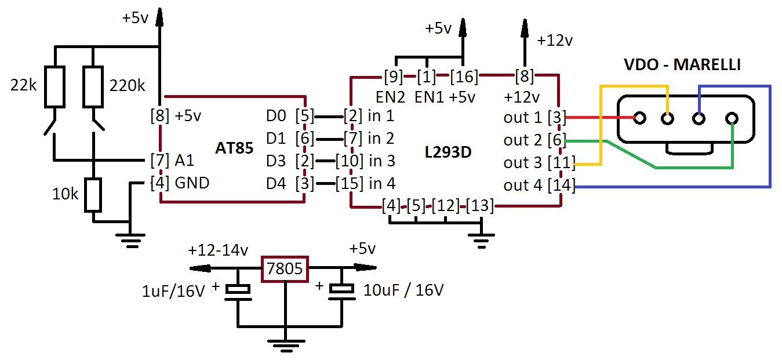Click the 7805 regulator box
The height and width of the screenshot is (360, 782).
tap(285, 269)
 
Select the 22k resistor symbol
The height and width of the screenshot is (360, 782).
tap(55, 86)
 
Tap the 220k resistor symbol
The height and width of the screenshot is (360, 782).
tap(93, 86)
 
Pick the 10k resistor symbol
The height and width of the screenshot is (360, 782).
tap(93, 195)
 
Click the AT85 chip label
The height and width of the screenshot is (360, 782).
tap(234, 148)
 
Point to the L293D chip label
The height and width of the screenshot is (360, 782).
tap(448, 152)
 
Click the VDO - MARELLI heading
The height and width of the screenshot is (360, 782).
tap(682, 64)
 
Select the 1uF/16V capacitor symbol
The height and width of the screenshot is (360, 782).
tap(238, 293)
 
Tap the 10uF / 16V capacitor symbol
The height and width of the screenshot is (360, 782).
tap(342, 292)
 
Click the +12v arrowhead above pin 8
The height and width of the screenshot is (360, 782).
tap(525, 28)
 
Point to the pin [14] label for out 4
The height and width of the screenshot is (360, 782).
tap(561, 185)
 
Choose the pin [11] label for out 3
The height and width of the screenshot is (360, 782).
tap(561, 162)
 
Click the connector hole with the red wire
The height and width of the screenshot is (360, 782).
tap(639, 118)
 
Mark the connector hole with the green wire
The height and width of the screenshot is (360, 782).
tap(732, 118)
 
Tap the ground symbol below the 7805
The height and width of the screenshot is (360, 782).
tap(286, 346)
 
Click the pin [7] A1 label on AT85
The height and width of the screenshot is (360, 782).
tap(172, 160)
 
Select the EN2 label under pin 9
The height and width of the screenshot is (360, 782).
tap(390, 97)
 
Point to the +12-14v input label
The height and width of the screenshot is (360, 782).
tap(218, 250)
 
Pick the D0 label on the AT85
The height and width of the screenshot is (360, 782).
tap(276, 115)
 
